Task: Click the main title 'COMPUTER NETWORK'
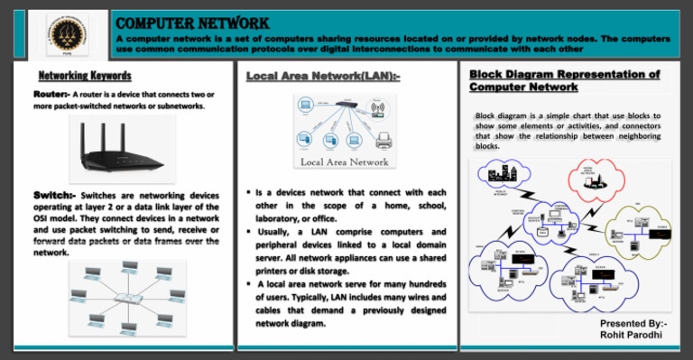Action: pyautogui.click(x=192, y=22)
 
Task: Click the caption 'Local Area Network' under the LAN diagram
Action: pyautogui.click(x=346, y=162)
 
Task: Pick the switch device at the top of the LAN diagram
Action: pyautogui.click(x=346, y=101)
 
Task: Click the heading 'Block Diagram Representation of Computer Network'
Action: pyautogui.click(x=565, y=80)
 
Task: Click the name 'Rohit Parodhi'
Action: pyautogui.click(x=633, y=336)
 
